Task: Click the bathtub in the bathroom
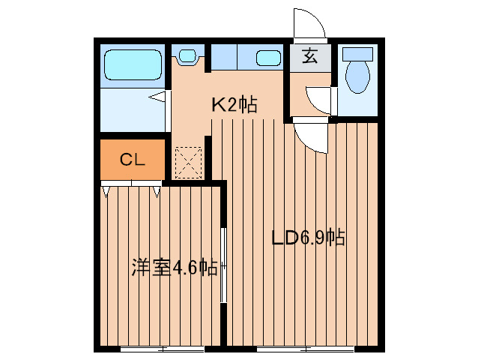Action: pos(132,65)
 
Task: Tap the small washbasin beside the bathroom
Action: pos(187,55)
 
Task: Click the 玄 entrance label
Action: pos(309,56)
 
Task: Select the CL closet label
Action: pos(133,159)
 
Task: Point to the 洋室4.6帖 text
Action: pos(175,268)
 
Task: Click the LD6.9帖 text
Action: pos(307,238)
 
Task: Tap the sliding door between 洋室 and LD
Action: pos(224,262)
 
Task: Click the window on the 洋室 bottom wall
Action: pos(162,349)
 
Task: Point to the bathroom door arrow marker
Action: pos(157,96)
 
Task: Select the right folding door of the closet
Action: pos(157,190)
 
